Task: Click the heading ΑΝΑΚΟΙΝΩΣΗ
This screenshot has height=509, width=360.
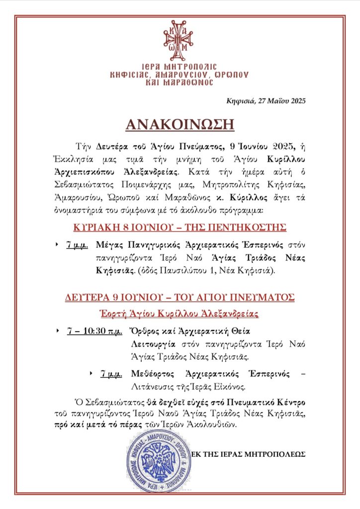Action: coord(180,124)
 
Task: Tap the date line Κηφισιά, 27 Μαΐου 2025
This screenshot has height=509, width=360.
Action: coord(266,100)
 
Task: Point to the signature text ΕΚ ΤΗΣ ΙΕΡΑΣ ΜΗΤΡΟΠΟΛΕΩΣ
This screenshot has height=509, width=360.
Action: coord(249,454)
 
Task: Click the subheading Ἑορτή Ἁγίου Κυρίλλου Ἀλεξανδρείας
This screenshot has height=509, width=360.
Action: coord(180,315)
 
